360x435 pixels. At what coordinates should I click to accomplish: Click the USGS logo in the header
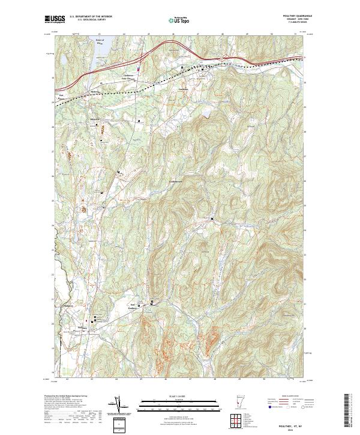[55, 19]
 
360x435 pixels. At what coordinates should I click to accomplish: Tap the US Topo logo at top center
[179, 20]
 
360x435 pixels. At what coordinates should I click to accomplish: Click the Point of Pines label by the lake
[100, 41]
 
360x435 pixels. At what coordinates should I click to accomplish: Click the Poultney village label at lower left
[83, 328]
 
